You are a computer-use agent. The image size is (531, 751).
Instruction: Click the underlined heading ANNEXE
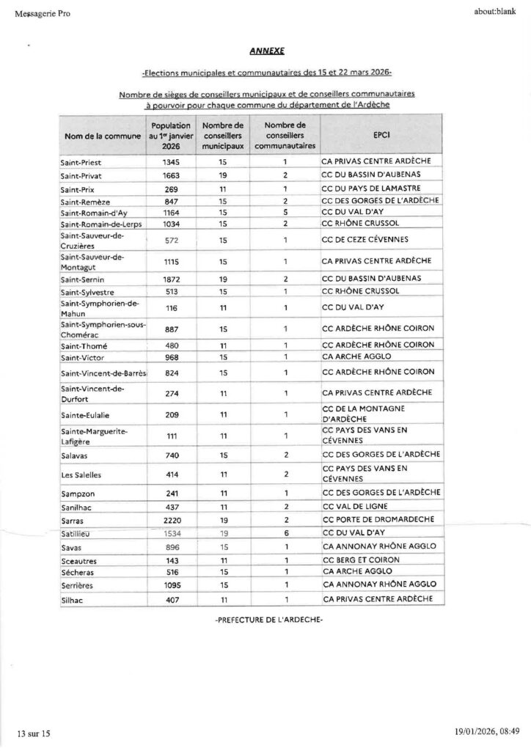point(265,51)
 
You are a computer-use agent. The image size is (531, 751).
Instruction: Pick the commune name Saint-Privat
point(82,175)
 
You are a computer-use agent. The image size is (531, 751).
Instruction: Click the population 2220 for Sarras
point(170,519)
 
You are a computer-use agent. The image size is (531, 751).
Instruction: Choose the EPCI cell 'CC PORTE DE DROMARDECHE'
point(374,519)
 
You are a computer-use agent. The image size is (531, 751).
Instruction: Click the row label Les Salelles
point(81,475)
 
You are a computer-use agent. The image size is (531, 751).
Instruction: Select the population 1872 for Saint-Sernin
point(170,280)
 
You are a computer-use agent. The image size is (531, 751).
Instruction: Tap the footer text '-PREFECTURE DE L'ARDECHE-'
point(268,620)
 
